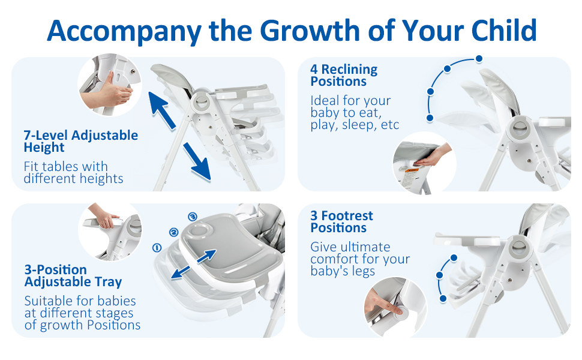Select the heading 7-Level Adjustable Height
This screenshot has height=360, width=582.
coord(80,142)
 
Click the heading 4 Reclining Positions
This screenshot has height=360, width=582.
coord(344,76)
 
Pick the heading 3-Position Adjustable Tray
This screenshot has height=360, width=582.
coord(73,276)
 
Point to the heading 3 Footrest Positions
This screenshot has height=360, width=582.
coord(341,222)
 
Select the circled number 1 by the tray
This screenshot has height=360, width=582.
coord(158,247)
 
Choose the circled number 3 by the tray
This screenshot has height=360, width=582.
coord(192,217)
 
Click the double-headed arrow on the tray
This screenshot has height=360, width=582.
coord(193,264)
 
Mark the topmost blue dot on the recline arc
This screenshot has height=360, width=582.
coord(478,58)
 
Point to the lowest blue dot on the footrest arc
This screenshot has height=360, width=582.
coord(443,298)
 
